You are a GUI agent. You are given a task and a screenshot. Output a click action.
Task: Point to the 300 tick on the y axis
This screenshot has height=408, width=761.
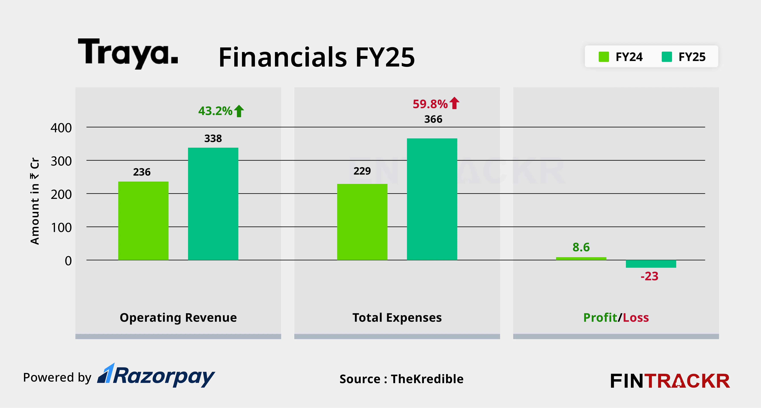click(x=61, y=161)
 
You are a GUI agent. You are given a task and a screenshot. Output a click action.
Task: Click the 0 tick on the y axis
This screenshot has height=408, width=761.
click(x=68, y=261)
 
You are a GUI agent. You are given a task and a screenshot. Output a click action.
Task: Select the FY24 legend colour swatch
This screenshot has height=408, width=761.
click(x=603, y=57)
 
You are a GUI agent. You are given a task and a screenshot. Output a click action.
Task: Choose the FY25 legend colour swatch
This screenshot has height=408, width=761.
click(x=667, y=57)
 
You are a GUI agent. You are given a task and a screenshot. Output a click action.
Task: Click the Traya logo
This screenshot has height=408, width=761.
click(x=128, y=53)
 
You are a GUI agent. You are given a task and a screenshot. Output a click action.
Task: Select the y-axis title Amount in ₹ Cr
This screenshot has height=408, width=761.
click(x=35, y=201)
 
